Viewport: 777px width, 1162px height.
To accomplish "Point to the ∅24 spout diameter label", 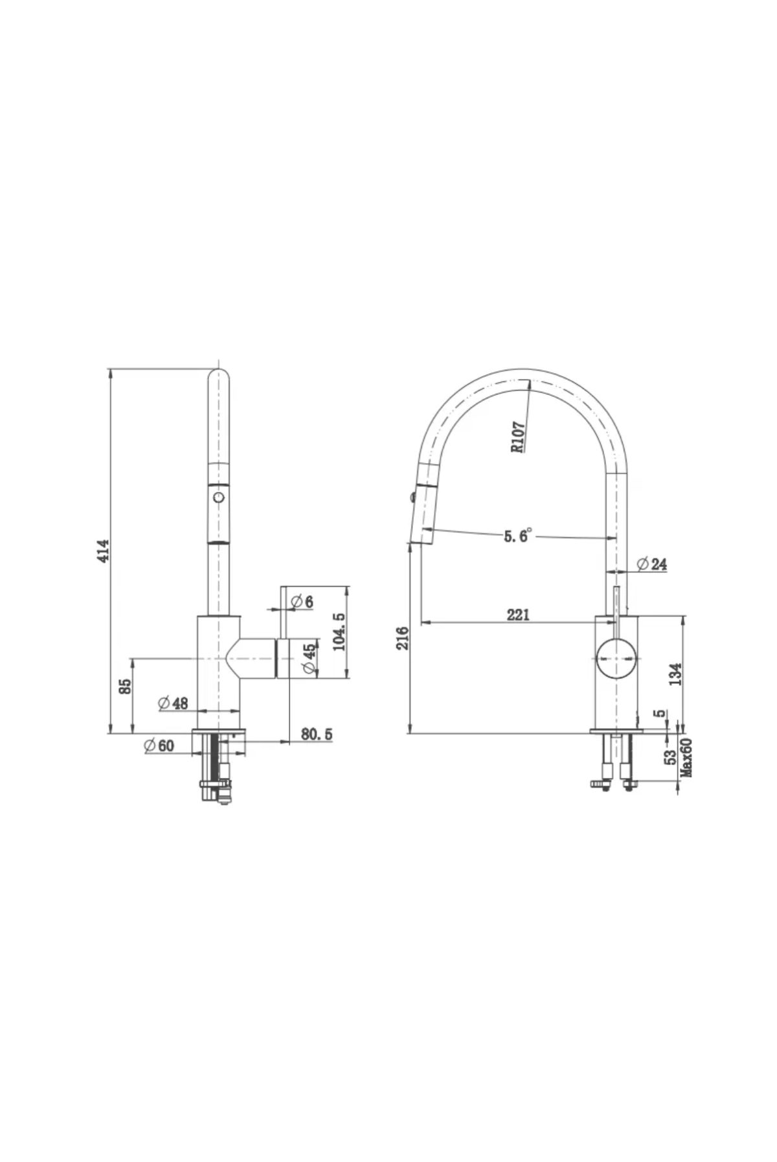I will point(651,564).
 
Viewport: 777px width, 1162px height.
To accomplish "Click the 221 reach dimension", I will point(518,615).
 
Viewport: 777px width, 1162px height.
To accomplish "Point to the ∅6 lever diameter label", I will point(302,602).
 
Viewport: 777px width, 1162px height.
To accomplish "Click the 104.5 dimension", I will point(339,632).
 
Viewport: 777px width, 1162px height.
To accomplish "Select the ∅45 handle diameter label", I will point(310,657).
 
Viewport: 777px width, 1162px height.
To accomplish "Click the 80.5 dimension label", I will point(317,734).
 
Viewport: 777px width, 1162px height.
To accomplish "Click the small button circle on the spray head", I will point(219,497).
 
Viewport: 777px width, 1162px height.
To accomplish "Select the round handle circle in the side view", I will point(616,657).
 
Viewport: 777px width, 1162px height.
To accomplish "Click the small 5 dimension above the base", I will point(659,714).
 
